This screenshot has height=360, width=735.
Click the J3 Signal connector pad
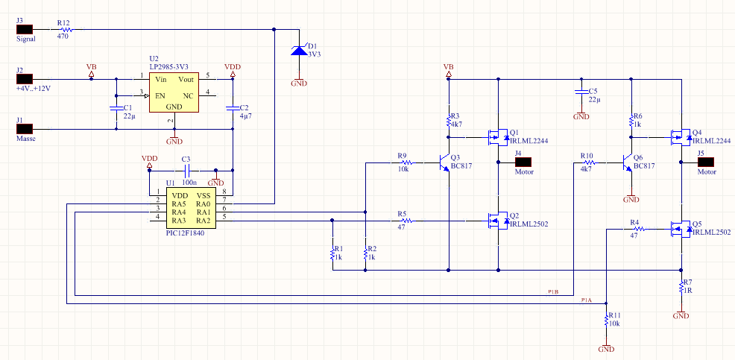[24, 30]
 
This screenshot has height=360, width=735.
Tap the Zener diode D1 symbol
[299, 50]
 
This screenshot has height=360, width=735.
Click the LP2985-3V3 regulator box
[174, 92]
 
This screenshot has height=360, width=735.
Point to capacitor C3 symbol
[187, 170]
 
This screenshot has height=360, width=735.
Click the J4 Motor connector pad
[523, 162]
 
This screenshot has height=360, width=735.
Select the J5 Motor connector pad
[706, 162]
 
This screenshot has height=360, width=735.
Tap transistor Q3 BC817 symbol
[444, 162]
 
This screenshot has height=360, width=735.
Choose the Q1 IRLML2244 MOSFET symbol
[497, 137]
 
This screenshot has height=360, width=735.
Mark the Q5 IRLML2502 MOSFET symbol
[680, 229]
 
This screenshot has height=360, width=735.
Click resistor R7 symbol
[681, 288]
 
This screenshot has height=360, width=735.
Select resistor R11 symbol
[607, 321]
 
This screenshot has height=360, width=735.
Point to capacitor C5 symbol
[581, 92]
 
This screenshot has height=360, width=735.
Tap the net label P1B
[553, 292]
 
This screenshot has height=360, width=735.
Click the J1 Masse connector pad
[24, 128]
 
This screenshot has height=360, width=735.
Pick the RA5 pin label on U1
[179, 204]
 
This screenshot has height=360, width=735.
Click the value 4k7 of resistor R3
[456, 124]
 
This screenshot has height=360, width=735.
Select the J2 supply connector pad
[24, 79]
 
